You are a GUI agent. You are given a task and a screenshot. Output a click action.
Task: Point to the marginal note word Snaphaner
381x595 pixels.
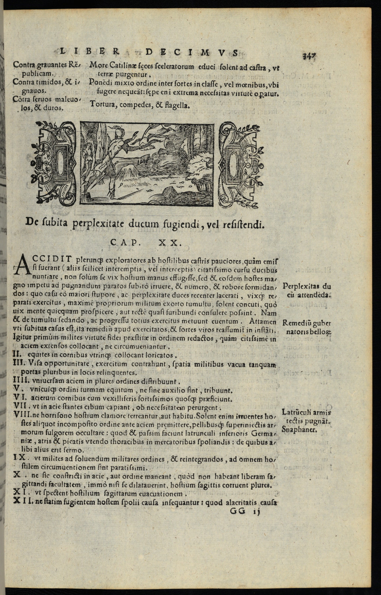299,430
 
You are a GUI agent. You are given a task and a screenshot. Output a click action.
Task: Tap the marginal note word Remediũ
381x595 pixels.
295,323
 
